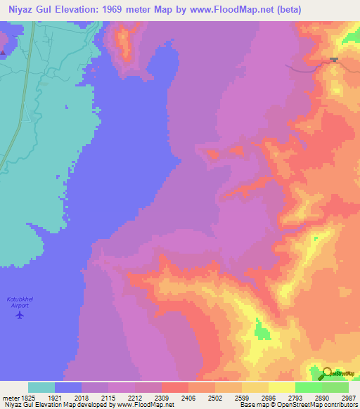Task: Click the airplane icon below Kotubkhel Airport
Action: coord(19,314)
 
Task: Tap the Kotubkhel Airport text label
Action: coord(18,301)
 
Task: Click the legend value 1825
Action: coord(28,398)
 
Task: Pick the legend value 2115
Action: coord(108,398)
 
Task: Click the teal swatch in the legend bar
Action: coord(41,387)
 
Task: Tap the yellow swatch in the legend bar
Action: coord(282,387)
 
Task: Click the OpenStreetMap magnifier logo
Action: coord(327,373)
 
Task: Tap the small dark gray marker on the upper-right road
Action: coord(333,60)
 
